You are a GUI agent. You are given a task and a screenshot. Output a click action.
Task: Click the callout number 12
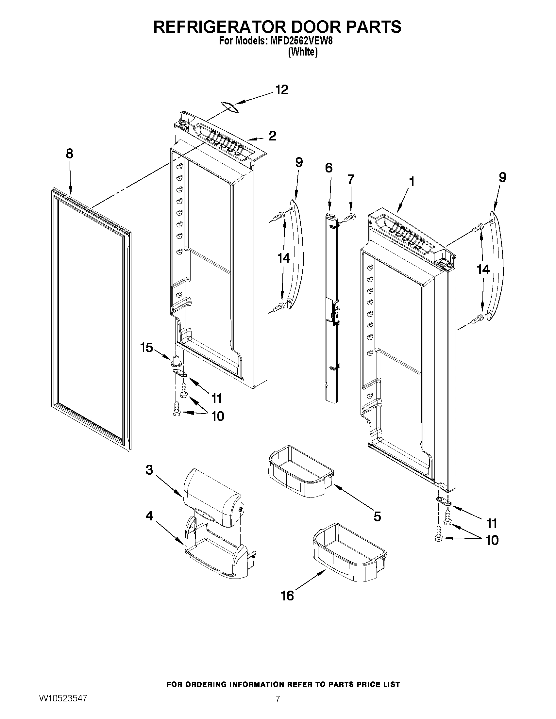point(282,90)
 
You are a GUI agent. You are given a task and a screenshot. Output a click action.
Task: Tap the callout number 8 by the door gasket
point(70,154)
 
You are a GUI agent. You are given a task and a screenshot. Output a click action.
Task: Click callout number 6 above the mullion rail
point(329,168)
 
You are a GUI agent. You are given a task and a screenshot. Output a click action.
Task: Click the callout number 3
point(149,470)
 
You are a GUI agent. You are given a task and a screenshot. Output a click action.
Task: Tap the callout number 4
point(149,516)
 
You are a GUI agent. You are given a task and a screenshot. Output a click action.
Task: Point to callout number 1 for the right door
point(411,182)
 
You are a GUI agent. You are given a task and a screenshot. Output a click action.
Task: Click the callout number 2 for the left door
point(272,136)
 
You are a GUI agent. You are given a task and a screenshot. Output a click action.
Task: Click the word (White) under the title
point(303,52)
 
